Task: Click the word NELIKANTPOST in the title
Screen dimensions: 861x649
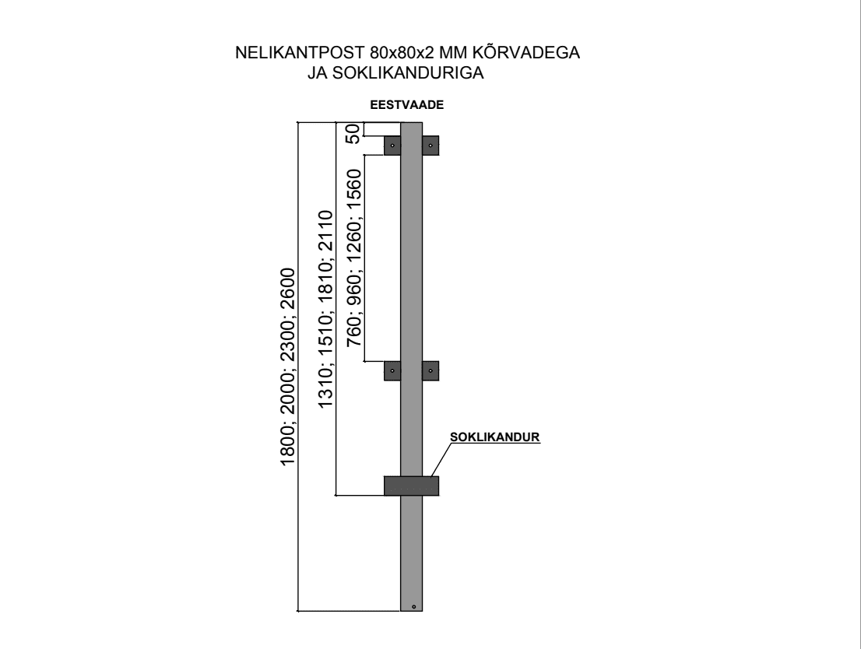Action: (x=300, y=53)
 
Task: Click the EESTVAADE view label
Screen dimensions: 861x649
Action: (x=407, y=105)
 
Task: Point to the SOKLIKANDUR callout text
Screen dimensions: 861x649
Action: (x=495, y=437)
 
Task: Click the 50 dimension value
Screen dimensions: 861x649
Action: (x=353, y=133)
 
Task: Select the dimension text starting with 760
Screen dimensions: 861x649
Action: (x=354, y=258)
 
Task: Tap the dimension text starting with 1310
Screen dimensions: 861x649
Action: (x=325, y=309)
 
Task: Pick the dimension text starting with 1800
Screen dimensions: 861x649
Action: (x=288, y=367)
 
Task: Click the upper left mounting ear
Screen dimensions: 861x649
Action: (x=392, y=146)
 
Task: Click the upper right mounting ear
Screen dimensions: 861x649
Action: (x=430, y=146)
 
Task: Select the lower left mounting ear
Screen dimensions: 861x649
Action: (x=392, y=370)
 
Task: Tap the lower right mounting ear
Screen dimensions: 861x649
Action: (x=430, y=370)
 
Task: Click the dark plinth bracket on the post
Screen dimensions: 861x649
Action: (x=411, y=486)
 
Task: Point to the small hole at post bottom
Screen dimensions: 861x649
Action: (x=414, y=607)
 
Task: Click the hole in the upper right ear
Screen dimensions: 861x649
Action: (x=430, y=146)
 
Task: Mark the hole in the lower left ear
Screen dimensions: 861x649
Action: (x=392, y=370)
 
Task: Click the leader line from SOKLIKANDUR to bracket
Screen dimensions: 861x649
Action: (x=442, y=460)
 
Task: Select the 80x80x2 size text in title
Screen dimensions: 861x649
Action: (x=402, y=53)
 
